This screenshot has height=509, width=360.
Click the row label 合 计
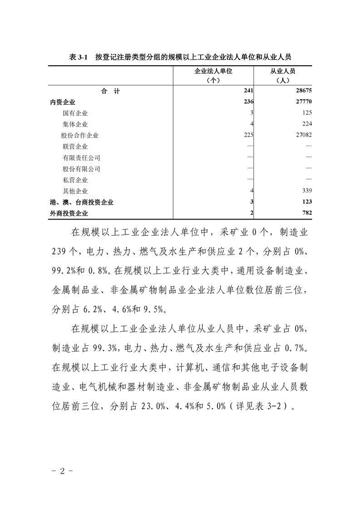[x=111, y=91]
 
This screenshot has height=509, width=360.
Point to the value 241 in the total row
[x=248, y=91]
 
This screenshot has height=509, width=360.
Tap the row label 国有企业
[x=75, y=113]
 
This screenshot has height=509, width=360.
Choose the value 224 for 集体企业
[x=305, y=124]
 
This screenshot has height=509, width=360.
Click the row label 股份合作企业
[x=80, y=135]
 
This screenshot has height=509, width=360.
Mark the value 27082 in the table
[x=302, y=135]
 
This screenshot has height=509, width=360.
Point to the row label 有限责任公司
[x=82, y=158]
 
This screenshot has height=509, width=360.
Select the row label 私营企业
[x=75, y=180]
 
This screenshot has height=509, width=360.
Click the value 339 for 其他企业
[x=305, y=191]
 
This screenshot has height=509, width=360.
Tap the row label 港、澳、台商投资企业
[x=82, y=202]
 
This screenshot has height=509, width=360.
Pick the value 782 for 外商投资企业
[x=305, y=213]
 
